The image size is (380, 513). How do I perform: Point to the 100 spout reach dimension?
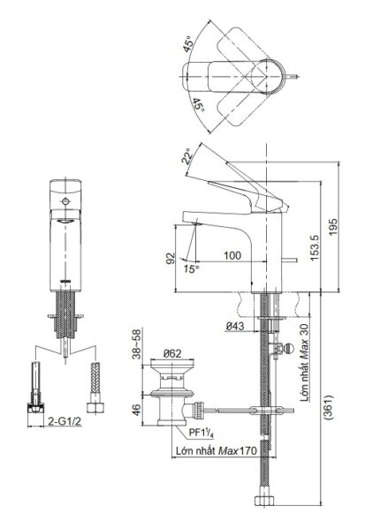pos(232,255)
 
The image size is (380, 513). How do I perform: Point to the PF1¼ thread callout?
pos(199,434)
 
